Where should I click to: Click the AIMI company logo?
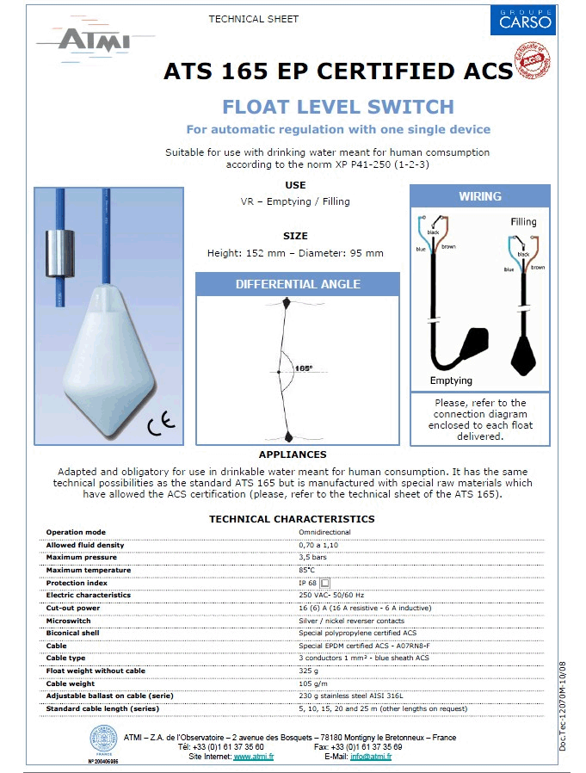83,40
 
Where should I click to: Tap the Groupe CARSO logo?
522,20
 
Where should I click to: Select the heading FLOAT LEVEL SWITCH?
337,107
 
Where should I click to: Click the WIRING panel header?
479,196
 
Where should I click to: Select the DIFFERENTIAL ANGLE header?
298,284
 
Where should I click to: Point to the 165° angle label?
302,368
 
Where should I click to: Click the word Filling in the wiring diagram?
523,221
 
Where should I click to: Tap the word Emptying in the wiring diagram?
452,380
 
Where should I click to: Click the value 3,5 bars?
312,557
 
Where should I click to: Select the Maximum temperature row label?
89,570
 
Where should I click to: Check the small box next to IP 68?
325,583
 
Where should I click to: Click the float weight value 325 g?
307,671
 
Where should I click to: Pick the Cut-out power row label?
73,608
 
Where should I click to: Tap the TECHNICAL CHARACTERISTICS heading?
292,519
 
